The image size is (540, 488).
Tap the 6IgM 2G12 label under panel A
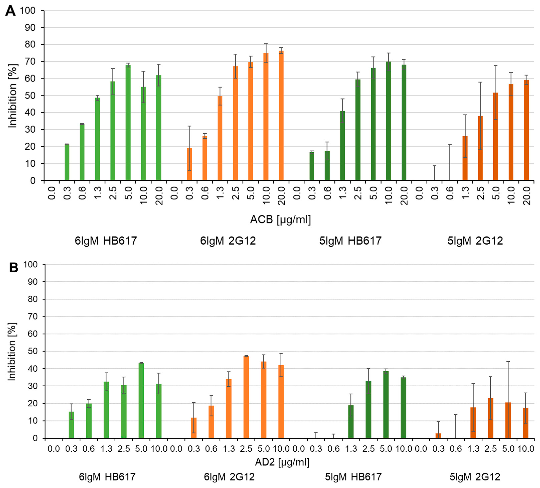[228, 241]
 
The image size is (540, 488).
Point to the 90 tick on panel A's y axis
[30, 27]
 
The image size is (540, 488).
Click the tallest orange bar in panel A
[281, 115]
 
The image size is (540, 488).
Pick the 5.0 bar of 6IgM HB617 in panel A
[128, 123]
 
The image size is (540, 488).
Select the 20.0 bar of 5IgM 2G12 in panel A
[526, 130]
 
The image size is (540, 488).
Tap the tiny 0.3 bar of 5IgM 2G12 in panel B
[438, 436]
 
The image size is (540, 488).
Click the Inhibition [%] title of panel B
[12, 351]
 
